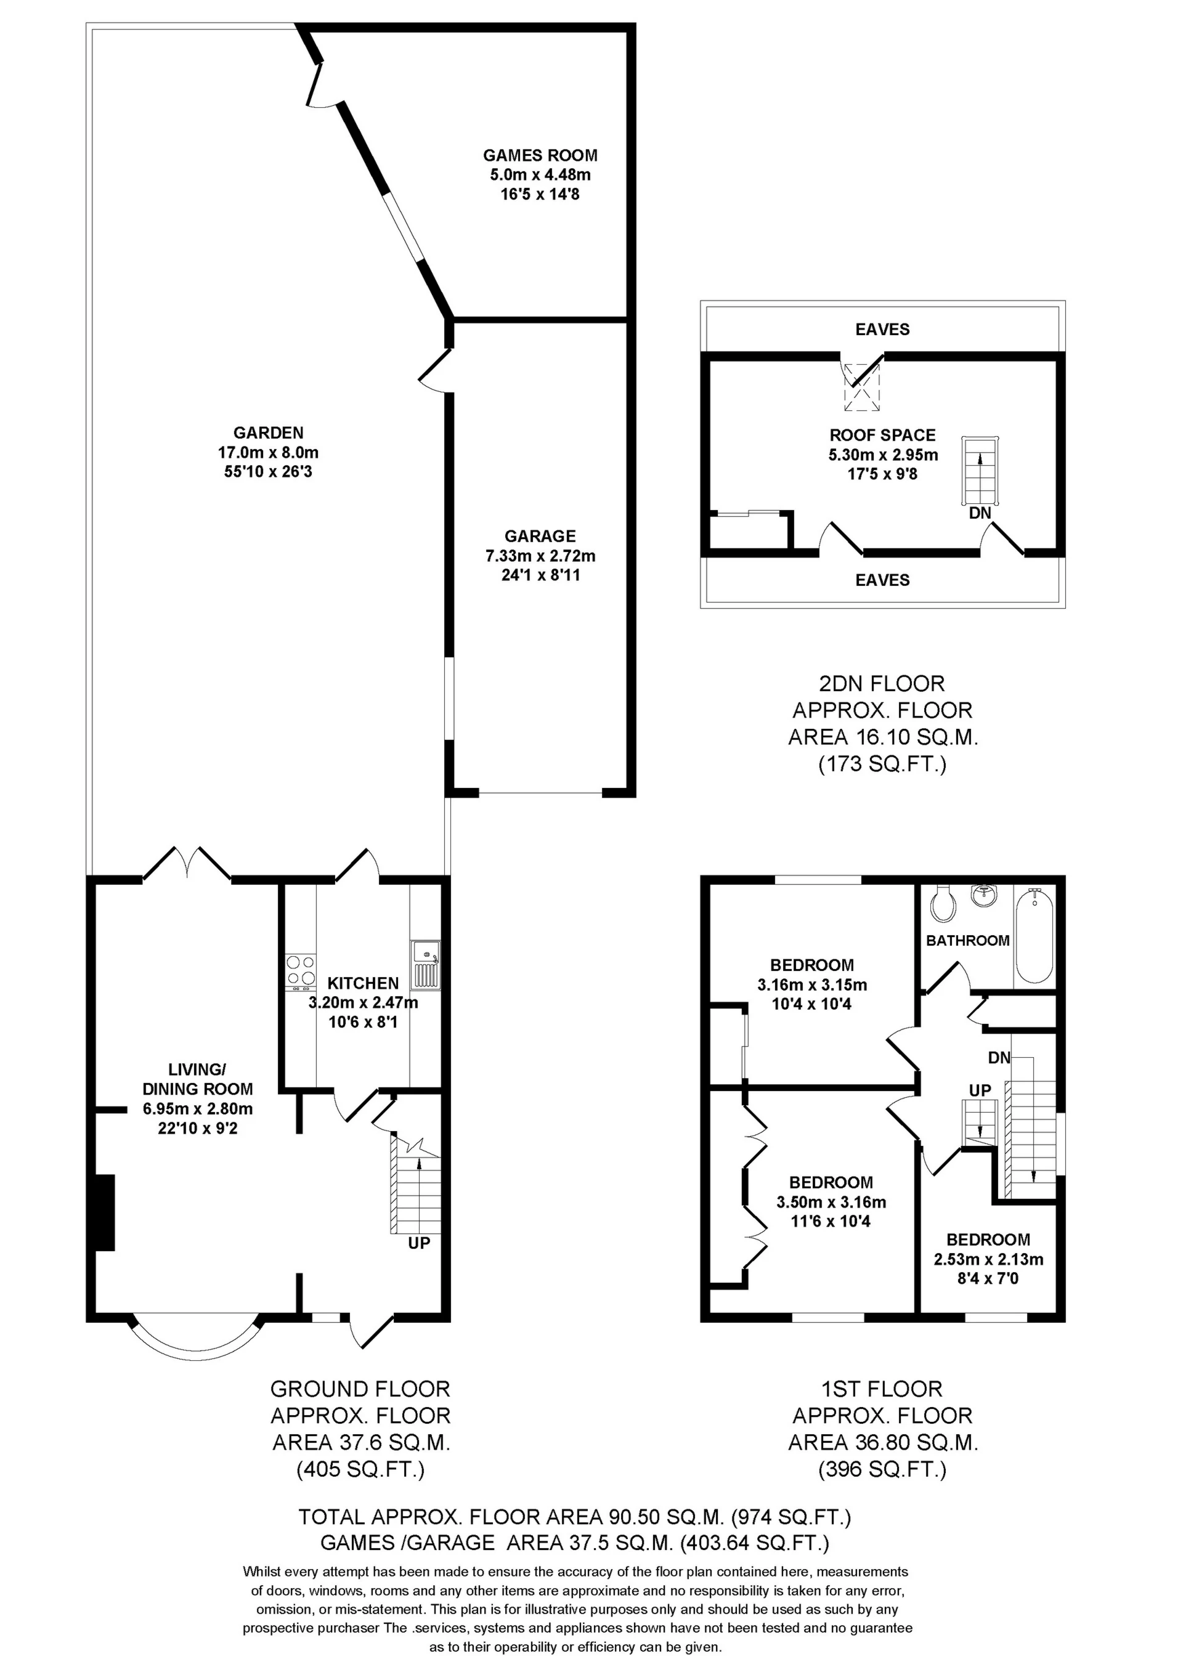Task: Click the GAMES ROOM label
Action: pos(540,155)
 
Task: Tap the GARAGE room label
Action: pos(540,536)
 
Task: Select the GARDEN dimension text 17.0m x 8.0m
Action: pos(268,452)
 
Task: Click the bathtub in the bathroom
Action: pos(1035,935)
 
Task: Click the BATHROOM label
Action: pos(967,940)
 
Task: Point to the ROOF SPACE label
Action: pos(882,435)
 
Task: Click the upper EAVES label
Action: pos(882,329)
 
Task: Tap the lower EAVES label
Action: pos(882,580)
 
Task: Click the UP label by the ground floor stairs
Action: pos(419,1243)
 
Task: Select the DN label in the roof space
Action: pos(980,513)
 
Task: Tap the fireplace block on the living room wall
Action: pos(104,1212)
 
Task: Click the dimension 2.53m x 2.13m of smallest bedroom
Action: pos(988,1259)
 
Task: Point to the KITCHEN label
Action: pos(363,983)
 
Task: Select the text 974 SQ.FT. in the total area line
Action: pos(791,1517)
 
